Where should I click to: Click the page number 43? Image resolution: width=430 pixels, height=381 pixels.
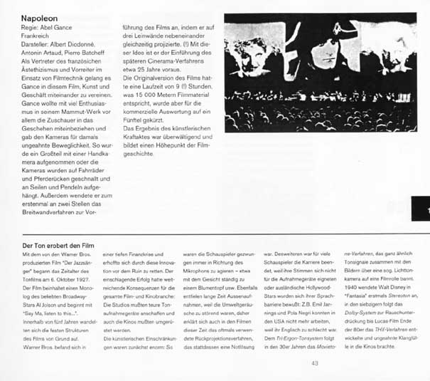click(314, 364)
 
